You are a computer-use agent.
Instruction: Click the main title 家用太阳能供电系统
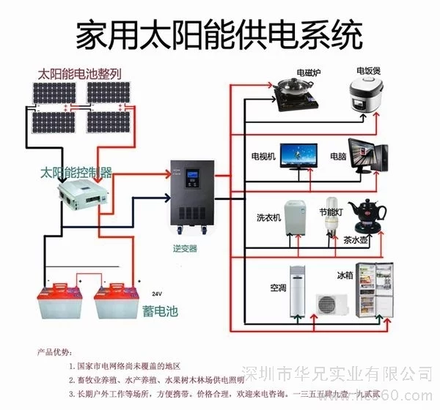[x=219, y=33]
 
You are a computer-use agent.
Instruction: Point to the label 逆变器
[x=186, y=249]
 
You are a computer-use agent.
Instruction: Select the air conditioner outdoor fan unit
[x=334, y=303]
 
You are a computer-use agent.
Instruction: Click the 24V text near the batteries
[x=156, y=290]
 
